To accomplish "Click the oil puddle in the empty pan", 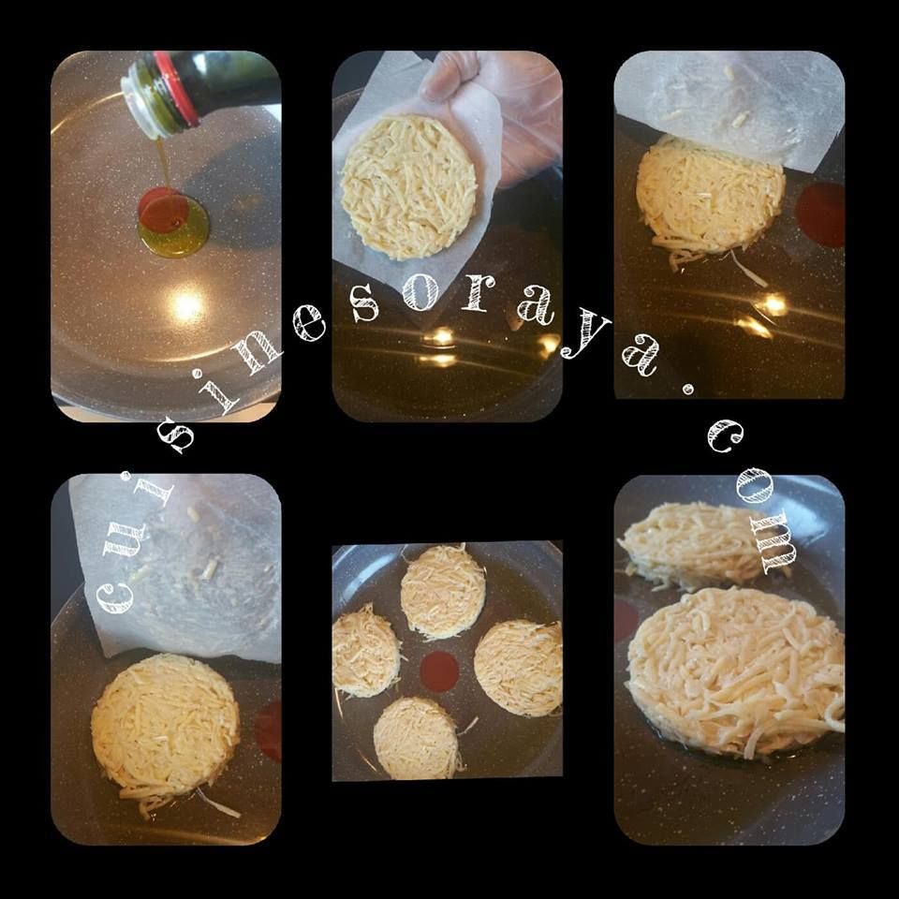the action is [x=173, y=223].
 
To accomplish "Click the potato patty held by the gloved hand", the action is [x=408, y=186].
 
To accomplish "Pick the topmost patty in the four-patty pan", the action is [x=443, y=591].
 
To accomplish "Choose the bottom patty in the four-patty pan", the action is [x=417, y=739].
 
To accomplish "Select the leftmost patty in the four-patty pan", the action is [x=365, y=651].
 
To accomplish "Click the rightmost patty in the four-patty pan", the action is [x=519, y=668].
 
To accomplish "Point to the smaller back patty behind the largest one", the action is [x=697, y=542].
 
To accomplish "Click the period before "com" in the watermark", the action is [x=687, y=390].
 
